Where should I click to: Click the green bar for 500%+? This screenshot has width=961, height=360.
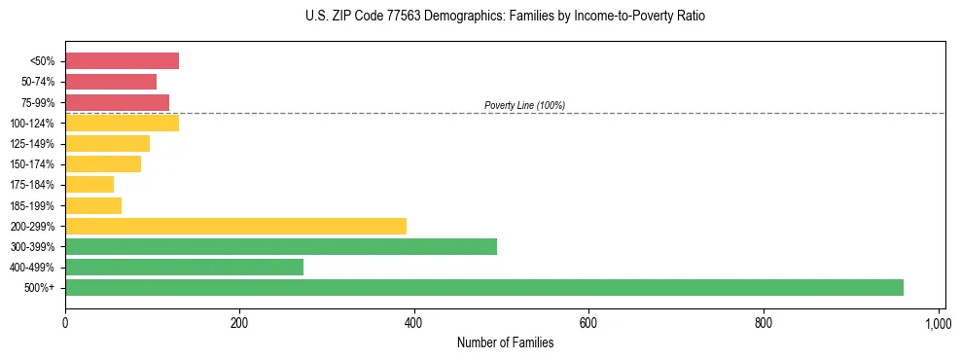(x=483, y=287)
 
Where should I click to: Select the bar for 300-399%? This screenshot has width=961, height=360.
(x=281, y=246)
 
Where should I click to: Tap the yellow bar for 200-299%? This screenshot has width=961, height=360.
(x=235, y=226)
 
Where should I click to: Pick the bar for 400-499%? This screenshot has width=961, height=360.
(x=184, y=267)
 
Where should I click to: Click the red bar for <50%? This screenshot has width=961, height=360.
(x=122, y=61)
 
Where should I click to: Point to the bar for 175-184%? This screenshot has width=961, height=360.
(x=89, y=185)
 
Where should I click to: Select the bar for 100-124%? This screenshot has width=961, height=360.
(x=122, y=123)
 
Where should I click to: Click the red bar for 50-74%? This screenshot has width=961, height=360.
(x=111, y=82)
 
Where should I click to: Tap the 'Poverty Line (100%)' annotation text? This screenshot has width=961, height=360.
(x=524, y=105)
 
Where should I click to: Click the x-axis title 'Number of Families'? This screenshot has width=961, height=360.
(x=505, y=342)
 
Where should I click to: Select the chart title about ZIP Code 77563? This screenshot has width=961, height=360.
(x=505, y=17)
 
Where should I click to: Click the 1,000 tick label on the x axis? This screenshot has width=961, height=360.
(x=938, y=321)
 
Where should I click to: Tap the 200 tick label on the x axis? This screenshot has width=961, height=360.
(x=239, y=321)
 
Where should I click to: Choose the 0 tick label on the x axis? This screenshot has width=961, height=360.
(x=65, y=321)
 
